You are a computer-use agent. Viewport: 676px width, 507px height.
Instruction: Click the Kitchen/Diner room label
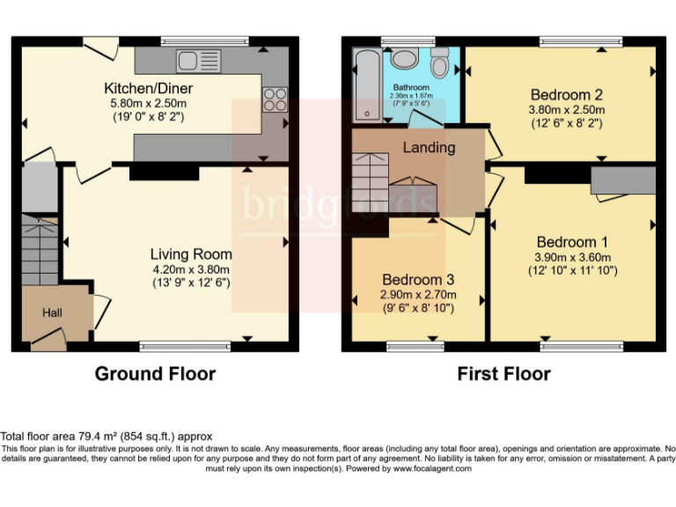(x=148, y=89)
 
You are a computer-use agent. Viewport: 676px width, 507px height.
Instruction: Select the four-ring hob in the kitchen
(x=275, y=97)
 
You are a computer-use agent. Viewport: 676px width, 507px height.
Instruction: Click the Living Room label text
(x=190, y=253)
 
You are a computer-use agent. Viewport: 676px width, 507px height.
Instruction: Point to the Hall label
(x=53, y=312)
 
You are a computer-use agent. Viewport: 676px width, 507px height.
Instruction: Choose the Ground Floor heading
(x=155, y=374)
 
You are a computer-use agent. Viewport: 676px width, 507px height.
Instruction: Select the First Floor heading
(x=503, y=374)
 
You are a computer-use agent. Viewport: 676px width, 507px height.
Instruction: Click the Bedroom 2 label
(x=566, y=95)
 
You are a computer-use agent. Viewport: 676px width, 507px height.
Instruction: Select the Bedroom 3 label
(x=418, y=279)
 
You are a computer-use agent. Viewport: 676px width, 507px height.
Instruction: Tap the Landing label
(x=430, y=147)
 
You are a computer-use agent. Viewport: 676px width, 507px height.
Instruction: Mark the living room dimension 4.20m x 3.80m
(x=190, y=269)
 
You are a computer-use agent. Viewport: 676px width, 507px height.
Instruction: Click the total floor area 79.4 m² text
(x=107, y=437)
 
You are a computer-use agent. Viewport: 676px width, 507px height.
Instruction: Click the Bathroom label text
(x=411, y=88)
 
